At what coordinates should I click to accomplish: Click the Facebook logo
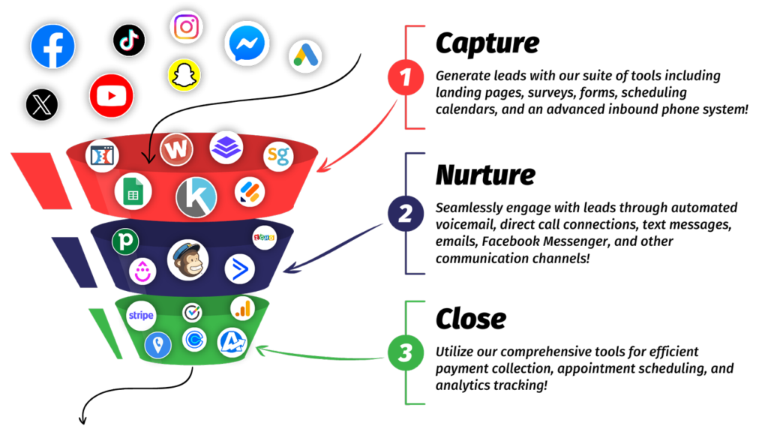(52, 46)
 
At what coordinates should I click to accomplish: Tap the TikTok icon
(129, 40)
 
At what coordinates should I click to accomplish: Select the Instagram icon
(186, 27)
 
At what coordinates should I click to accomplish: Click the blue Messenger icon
(247, 43)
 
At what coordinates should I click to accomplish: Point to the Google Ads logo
(305, 56)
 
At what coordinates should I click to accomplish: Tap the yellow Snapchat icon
(184, 76)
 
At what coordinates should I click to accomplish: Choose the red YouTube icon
(111, 96)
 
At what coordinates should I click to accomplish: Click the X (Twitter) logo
(42, 104)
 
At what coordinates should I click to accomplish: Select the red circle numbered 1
(406, 77)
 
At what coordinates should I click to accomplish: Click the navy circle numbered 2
(406, 214)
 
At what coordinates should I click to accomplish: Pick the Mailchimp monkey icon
(187, 259)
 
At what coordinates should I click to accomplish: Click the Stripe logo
(141, 316)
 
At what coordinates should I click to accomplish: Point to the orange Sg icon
(277, 156)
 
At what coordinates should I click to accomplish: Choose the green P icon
(124, 241)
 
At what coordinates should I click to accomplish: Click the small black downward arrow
(148, 150)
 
